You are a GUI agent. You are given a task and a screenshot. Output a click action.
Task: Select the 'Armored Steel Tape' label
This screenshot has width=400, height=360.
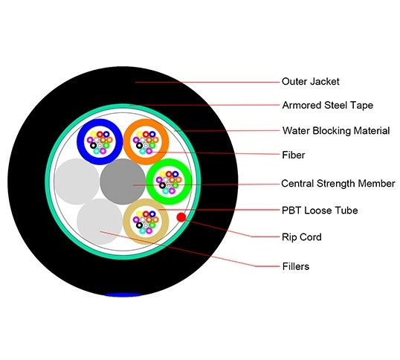point(328,106)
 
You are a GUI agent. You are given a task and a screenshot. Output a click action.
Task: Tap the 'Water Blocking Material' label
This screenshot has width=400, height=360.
point(335,131)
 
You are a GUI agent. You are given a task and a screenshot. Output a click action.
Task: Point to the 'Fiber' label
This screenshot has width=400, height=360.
point(293,155)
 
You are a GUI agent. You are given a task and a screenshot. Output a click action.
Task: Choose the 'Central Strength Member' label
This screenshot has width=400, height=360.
point(338,184)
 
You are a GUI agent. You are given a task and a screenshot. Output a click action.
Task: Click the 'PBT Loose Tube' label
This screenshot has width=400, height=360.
point(319,210)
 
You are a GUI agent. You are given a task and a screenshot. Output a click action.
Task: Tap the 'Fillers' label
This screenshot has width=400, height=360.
point(295,266)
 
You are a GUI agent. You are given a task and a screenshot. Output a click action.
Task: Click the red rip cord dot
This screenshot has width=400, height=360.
point(181,216)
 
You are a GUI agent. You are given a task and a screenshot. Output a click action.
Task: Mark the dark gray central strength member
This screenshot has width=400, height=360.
point(122,181)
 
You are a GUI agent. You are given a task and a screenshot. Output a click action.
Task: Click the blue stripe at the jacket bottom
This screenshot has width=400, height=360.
point(123,295)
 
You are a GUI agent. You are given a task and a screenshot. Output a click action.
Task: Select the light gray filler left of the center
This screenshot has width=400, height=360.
point(74,181)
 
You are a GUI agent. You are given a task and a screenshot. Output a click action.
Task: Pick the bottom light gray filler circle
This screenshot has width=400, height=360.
point(98,220)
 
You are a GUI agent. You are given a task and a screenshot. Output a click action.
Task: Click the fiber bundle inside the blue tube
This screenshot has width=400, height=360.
point(100,140)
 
